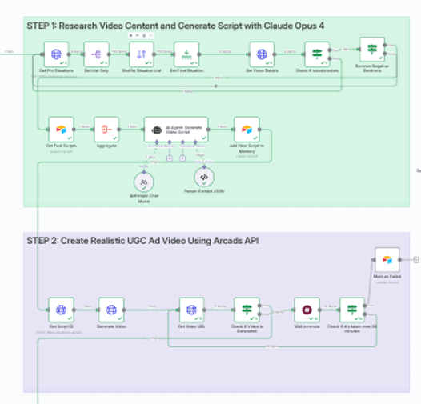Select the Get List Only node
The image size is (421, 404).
(x=97, y=54)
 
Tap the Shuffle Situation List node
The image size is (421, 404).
(x=142, y=54)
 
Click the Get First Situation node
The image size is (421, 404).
(x=186, y=54)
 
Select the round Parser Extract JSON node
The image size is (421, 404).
(x=204, y=177)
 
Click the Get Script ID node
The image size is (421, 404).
(x=61, y=310)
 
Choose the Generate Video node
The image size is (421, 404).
(x=111, y=310)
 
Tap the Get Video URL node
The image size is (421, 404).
(x=190, y=310)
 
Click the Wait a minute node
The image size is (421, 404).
(x=307, y=310)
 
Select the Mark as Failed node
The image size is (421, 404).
(x=387, y=260)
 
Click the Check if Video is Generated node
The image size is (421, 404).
(x=247, y=310)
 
